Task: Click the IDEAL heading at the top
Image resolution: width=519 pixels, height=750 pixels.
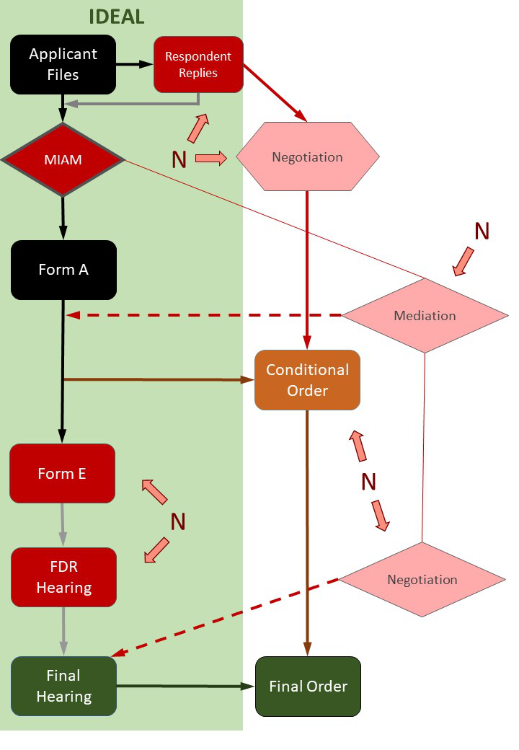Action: [x=117, y=17]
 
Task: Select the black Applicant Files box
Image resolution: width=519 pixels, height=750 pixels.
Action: [x=63, y=64]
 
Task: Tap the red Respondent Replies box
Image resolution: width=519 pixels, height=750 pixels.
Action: [x=198, y=64]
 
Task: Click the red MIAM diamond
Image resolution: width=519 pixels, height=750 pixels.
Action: [x=63, y=160]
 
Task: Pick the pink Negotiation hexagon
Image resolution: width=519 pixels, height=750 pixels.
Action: [x=308, y=156]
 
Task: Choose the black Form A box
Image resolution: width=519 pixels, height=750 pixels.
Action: [x=63, y=270]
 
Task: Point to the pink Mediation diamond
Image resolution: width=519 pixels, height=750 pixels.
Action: [x=425, y=315]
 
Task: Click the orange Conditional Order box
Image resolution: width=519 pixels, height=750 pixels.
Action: [x=308, y=380]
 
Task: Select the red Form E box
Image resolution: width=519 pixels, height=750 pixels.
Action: [x=62, y=474]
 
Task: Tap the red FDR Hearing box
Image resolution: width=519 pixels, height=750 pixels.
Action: [x=63, y=577]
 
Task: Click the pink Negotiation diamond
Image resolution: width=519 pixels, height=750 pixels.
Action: [x=422, y=579]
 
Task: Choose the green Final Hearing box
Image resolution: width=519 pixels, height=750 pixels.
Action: [x=63, y=686]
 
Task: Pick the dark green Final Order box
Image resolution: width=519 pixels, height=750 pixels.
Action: [x=308, y=686]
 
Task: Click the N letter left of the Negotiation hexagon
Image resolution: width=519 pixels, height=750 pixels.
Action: [x=179, y=159]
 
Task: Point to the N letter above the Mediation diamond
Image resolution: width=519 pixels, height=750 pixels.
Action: [x=482, y=231]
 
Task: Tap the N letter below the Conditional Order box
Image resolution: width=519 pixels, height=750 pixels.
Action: [x=369, y=482]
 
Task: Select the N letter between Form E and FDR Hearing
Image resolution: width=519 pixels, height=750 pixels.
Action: [x=178, y=521]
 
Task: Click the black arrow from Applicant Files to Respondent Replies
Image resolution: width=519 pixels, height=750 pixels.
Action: [x=135, y=64]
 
